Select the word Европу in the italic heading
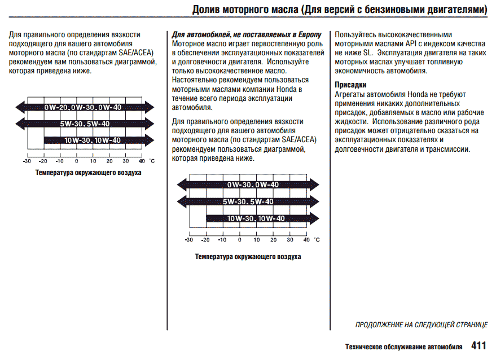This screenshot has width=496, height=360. click(x=308, y=34)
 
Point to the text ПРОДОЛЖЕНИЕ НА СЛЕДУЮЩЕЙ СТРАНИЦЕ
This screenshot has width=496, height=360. click(x=422, y=325)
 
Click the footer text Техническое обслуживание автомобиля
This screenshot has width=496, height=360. click(x=404, y=346)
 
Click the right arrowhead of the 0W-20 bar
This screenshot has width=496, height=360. click(x=150, y=107)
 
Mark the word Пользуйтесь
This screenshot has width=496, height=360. click(x=355, y=34)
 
